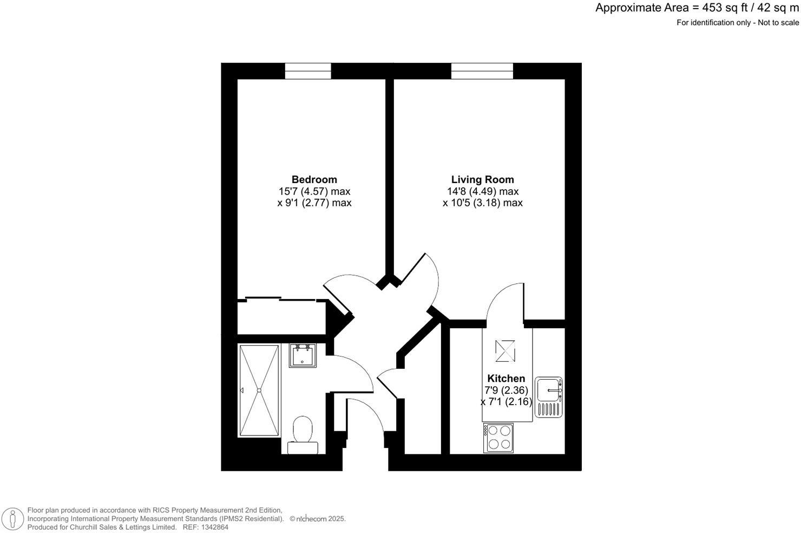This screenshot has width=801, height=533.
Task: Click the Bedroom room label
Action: (314, 179)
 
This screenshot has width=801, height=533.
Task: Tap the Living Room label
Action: (482, 179)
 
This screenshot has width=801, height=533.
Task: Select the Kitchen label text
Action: (506, 379)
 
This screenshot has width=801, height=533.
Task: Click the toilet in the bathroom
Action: (302, 433)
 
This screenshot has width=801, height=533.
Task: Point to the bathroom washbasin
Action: (302, 355)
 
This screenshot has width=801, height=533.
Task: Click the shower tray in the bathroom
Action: (259, 390)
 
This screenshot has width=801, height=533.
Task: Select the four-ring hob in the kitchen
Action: (498, 437)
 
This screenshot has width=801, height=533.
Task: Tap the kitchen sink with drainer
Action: (549, 397)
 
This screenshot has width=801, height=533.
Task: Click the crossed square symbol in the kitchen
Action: (504, 350)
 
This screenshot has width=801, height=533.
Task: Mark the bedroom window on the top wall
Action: (308, 71)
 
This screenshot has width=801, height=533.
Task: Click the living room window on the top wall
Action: (482, 71)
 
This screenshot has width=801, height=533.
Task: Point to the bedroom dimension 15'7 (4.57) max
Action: (314, 191)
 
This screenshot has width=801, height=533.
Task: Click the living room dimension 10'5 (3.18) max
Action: (482, 203)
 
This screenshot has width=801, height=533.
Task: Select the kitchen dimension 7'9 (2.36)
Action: (506, 390)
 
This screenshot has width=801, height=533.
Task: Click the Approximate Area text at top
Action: (697, 8)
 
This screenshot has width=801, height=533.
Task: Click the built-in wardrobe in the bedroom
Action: (281, 316)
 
